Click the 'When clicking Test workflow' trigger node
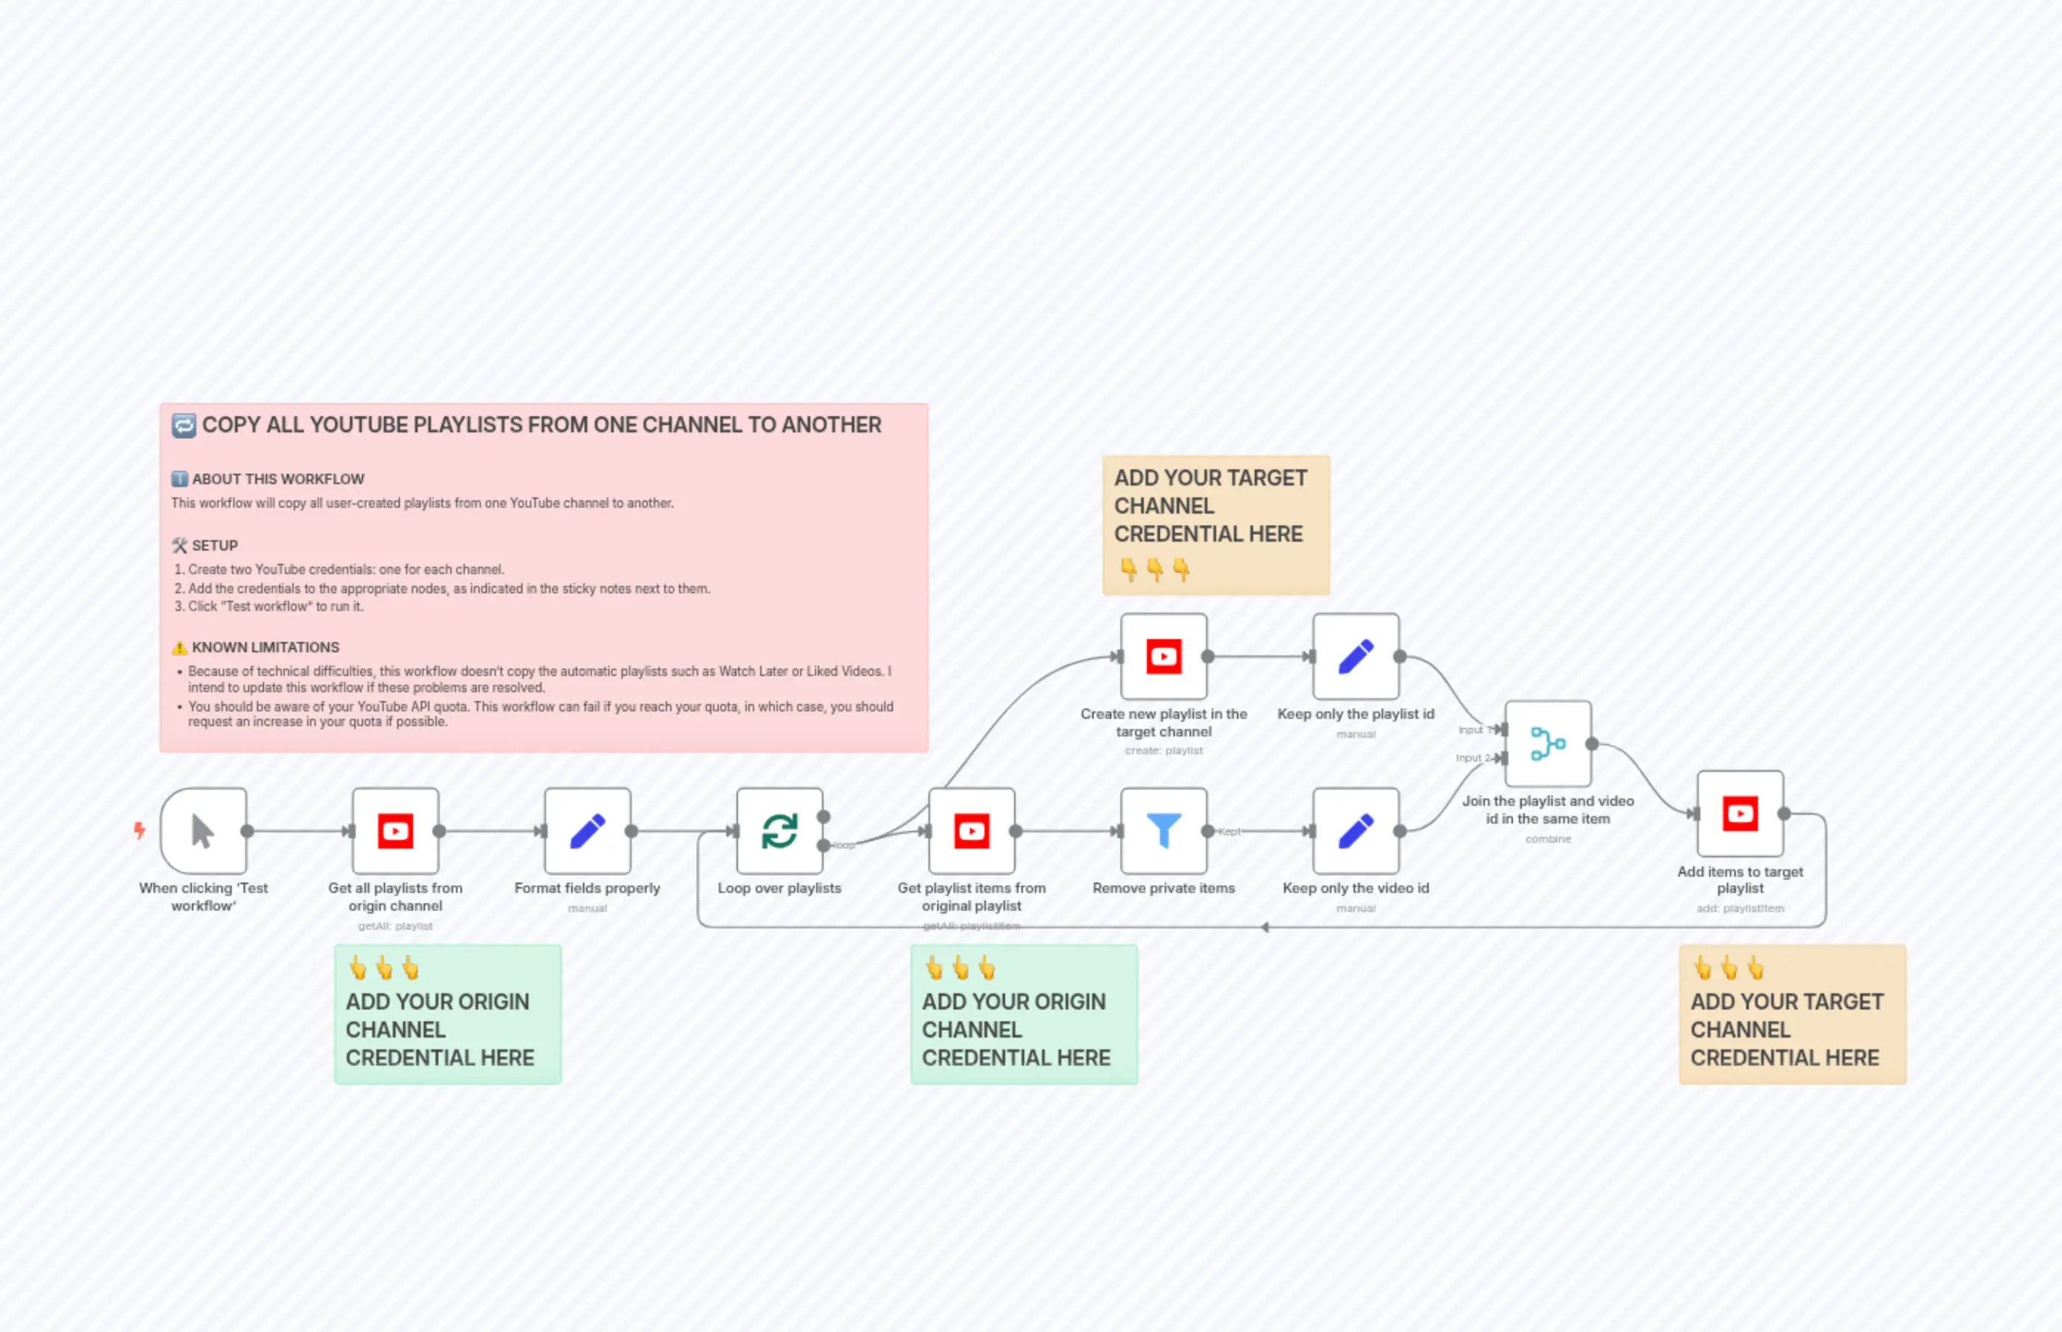tap(203, 831)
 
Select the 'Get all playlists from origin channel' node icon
tap(396, 831)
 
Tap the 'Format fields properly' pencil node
tap(587, 831)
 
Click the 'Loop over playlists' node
tap(779, 831)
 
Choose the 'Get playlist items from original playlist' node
tap(971, 831)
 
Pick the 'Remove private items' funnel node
tap(1163, 831)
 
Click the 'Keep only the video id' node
tap(1355, 831)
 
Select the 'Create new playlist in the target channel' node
tap(1163, 657)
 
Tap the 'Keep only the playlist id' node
tap(1355, 657)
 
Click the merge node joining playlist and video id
tap(1548, 744)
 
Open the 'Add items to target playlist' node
tap(1739, 814)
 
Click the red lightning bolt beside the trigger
tap(139, 831)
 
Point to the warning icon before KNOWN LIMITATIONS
tap(180, 648)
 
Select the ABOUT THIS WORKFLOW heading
tap(277, 479)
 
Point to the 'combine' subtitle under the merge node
tap(1548, 839)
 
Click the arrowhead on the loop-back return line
tap(1264, 927)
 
